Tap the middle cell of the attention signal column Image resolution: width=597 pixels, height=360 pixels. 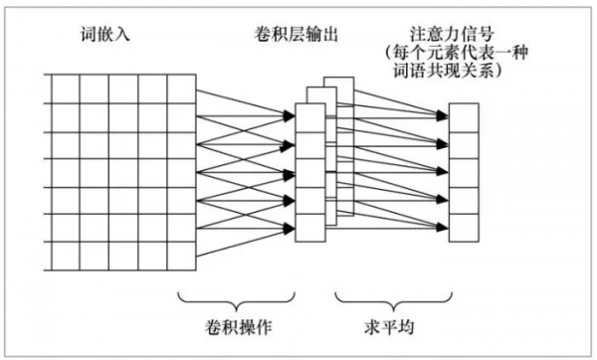pyautogui.click(x=464, y=170)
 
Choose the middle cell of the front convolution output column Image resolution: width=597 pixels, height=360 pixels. pyautogui.click(x=310, y=170)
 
